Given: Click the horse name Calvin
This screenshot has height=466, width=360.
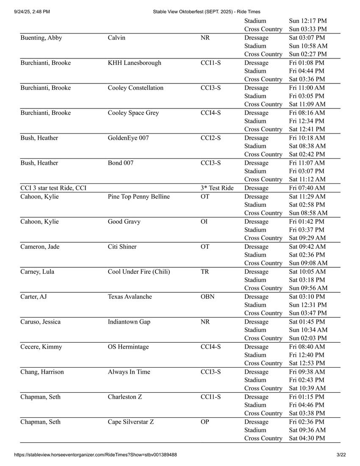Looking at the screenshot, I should (x=116, y=38).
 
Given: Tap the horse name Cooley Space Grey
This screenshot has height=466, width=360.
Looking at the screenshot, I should (x=134, y=113).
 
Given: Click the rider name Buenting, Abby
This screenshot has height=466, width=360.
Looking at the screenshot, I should (x=41, y=38).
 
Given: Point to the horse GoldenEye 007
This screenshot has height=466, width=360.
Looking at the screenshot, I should (x=128, y=138).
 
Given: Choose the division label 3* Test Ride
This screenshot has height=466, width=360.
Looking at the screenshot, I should (x=217, y=188).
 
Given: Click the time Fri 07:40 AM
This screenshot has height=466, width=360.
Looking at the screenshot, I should (x=307, y=188).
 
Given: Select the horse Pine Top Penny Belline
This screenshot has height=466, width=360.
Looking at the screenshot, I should (x=138, y=197).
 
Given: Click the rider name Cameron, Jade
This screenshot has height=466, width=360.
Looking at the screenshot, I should (x=40, y=247).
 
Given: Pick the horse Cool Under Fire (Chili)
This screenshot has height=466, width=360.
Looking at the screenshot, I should (x=139, y=272).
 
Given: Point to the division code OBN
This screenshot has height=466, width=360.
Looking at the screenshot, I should (x=208, y=297).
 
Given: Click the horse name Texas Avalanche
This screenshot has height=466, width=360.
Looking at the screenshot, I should (x=130, y=297).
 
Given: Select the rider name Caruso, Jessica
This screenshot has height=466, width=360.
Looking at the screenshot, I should (x=40, y=322).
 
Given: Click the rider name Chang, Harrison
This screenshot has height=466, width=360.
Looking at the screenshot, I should (x=42, y=372).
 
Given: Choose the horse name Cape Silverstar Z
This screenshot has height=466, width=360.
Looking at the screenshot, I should (x=131, y=422).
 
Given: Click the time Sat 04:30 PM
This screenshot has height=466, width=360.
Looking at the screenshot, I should (x=307, y=438).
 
